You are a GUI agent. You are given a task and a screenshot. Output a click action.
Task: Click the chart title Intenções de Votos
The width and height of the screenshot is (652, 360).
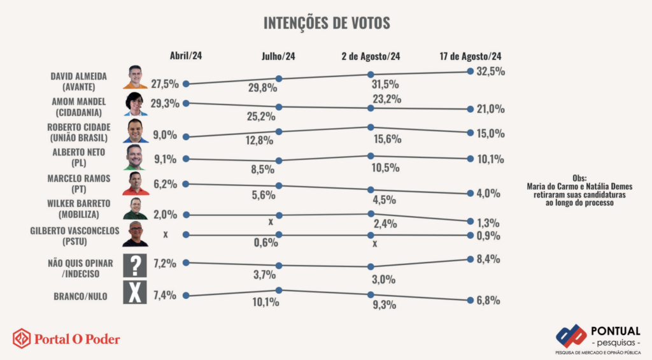(327, 23)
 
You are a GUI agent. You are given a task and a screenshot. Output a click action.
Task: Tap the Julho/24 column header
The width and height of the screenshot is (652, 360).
(278, 56)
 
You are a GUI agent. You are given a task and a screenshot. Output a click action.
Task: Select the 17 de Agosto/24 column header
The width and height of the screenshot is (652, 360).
(470, 56)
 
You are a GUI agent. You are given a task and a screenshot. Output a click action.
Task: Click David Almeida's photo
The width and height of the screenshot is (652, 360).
(134, 77)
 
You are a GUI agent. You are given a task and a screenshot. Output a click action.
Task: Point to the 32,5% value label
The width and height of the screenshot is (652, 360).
(490, 71)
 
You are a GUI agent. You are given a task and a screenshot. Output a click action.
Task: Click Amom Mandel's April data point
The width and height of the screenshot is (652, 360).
(186, 103)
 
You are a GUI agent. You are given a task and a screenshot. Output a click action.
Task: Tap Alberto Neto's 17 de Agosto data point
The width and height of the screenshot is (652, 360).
(470, 159)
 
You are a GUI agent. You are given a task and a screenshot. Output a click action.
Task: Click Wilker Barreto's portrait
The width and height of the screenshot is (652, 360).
(135, 208)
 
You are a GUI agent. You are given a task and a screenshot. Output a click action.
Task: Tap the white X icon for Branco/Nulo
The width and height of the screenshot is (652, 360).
(135, 294)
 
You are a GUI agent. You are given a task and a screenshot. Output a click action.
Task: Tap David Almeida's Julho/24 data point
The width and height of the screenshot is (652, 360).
(279, 79)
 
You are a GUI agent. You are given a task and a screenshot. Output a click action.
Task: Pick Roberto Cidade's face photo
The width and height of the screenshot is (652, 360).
(135, 130)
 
